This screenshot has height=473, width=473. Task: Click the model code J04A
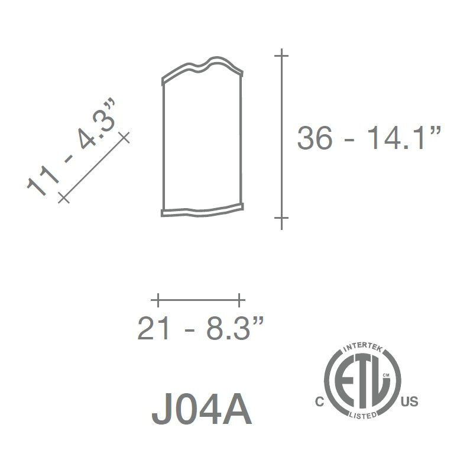tap(202, 409)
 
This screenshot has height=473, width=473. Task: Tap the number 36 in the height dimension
tap(315, 138)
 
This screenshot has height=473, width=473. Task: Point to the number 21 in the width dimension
tap(153, 328)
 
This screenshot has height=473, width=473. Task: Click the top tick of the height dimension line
tap(281, 56)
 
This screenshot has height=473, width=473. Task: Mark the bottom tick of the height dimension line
tap(281, 218)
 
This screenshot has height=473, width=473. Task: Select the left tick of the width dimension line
tap(158, 300)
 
